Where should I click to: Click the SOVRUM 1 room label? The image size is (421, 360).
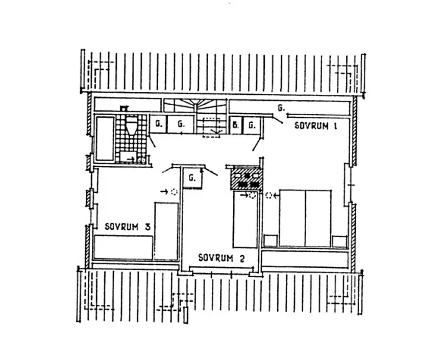pyautogui.click(x=315, y=126)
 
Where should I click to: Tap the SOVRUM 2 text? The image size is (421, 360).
pyautogui.click(x=221, y=258)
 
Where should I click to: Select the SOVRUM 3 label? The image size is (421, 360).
pyautogui.click(x=128, y=227)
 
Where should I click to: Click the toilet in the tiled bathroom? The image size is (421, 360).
pyautogui.click(x=131, y=125)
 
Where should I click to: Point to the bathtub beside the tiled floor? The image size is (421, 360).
pyautogui.click(x=105, y=139)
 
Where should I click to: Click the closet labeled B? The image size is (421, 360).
pyautogui.click(x=236, y=125)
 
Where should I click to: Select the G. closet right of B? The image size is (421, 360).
pyautogui.click(x=252, y=125)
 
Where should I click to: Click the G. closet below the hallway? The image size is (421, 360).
pyautogui.click(x=192, y=177)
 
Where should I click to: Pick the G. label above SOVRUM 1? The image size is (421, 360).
pyautogui.click(x=281, y=108)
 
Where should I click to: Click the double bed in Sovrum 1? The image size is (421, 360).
pyautogui.click(x=305, y=218)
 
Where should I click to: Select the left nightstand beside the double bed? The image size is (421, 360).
pyautogui.click(x=270, y=241)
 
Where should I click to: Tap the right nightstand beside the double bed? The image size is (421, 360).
pyautogui.click(x=340, y=241)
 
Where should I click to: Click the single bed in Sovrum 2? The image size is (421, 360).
pyautogui.click(x=245, y=219)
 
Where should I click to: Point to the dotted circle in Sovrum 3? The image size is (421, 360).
pyautogui.click(x=175, y=192)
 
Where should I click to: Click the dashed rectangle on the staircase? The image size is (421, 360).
pyautogui.click(x=211, y=127)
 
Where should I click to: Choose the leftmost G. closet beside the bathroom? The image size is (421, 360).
pyautogui.click(x=158, y=124)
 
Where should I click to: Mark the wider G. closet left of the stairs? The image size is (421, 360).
pyautogui.click(x=181, y=124)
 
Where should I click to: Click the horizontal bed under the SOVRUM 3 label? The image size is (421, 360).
pyautogui.click(x=123, y=248)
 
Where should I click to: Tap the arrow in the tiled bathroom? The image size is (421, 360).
pyautogui.click(x=131, y=159)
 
